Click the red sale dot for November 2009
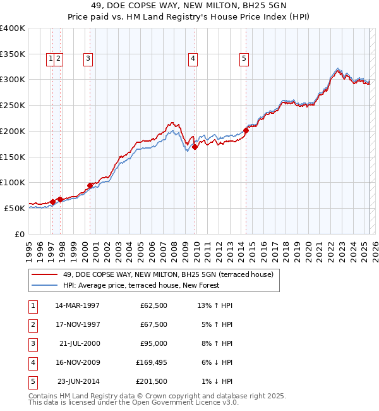[x=195, y=147]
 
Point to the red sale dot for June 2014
[x=246, y=131]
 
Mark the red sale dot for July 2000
[x=90, y=185]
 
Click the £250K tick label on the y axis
[x=12, y=106]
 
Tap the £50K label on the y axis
[x=15, y=208]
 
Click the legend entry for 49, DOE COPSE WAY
[x=167, y=274]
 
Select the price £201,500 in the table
[x=152, y=381]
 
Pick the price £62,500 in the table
[x=154, y=305]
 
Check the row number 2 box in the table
[x=32, y=324]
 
